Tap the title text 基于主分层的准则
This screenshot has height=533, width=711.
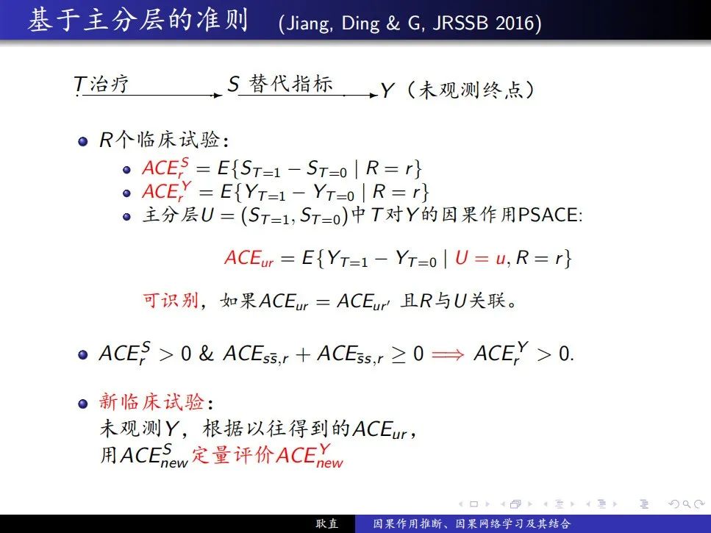137,20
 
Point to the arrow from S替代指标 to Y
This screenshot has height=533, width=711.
308,95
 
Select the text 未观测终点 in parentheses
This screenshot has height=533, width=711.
471,89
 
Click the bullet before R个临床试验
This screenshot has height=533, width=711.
82,141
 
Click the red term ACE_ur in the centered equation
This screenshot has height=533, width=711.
249,258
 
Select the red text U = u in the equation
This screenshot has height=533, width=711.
480,258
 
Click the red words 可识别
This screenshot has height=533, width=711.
171,300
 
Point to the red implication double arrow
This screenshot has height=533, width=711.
448,354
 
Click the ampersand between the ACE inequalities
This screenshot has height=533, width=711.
206,353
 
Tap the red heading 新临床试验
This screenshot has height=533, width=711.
151,402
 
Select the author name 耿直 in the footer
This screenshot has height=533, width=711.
327,524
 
